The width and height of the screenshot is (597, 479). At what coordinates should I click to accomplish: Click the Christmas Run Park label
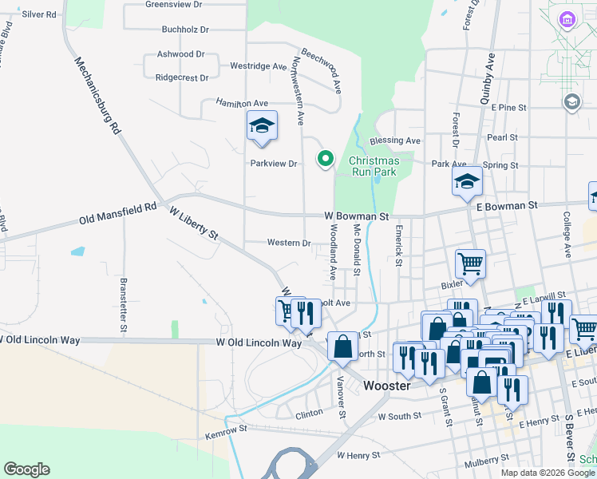(374, 166)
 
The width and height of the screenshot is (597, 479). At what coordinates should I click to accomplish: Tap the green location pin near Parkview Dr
(325, 159)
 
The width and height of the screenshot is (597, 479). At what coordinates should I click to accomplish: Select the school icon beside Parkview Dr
(262, 127)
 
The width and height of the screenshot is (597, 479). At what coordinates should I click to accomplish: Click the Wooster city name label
(386, 385)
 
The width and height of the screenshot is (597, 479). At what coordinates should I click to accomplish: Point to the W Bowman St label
(356, 216)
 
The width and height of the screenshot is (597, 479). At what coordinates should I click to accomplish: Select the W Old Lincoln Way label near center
(259, 342)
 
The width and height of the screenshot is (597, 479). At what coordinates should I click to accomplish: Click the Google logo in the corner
(26, 469)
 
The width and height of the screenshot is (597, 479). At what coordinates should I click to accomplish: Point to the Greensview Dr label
(174, 4)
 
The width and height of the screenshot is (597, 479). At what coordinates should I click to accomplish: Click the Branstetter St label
(124, 304)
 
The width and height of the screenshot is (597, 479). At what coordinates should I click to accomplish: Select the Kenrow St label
(227, 431)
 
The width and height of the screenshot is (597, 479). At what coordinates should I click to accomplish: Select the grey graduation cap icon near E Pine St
(571, 101)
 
